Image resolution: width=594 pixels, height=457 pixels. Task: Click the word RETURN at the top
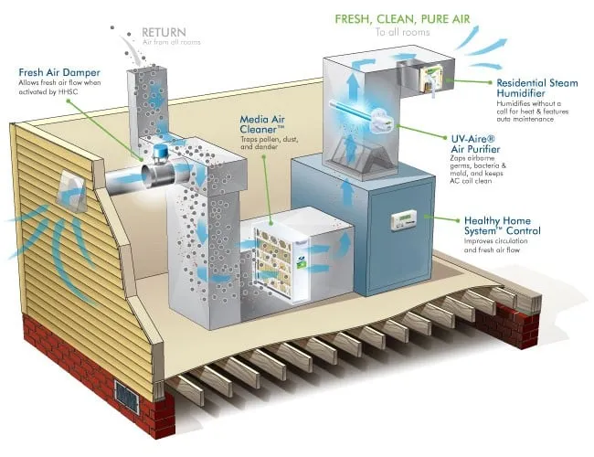coord(165,33)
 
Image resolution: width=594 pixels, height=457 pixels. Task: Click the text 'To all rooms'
coord(403,33)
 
